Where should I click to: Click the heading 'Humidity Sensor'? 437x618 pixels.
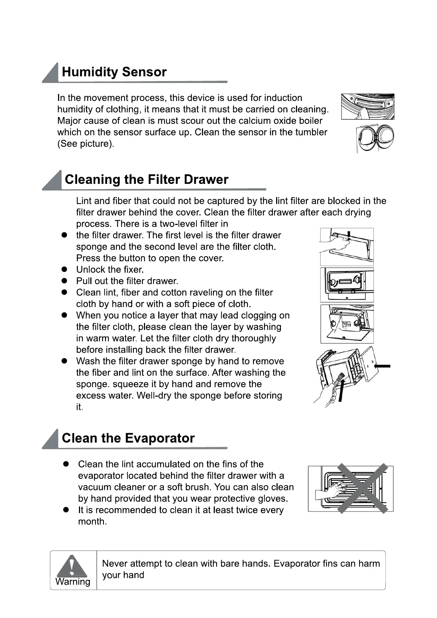(x=114, y=72)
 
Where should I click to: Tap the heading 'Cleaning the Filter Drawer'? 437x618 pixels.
(x=147, y=179)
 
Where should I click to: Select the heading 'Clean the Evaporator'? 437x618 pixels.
(x=128, y=438)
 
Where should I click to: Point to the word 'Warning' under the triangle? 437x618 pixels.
(x=73, y=582)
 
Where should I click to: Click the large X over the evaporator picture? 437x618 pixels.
(x=363, y=488)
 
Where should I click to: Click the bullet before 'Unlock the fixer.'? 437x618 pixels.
(x=64, y=269)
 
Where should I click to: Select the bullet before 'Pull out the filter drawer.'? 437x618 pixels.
(x=64, y=281)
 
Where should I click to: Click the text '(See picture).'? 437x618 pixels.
(x=86, y=144)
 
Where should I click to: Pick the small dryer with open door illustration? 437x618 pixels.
(x=375, y=138)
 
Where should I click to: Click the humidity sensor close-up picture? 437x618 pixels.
(x=368, y=106)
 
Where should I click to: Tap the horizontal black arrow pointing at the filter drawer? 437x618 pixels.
(x=382, y=366)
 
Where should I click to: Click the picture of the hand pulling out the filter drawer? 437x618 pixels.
(x=347, y=324)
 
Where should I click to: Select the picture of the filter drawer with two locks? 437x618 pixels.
(x=347, y=285)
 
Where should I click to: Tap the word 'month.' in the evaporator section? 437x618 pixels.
(x=93, y=521)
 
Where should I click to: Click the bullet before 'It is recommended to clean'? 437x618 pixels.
(x=66, y=510)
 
